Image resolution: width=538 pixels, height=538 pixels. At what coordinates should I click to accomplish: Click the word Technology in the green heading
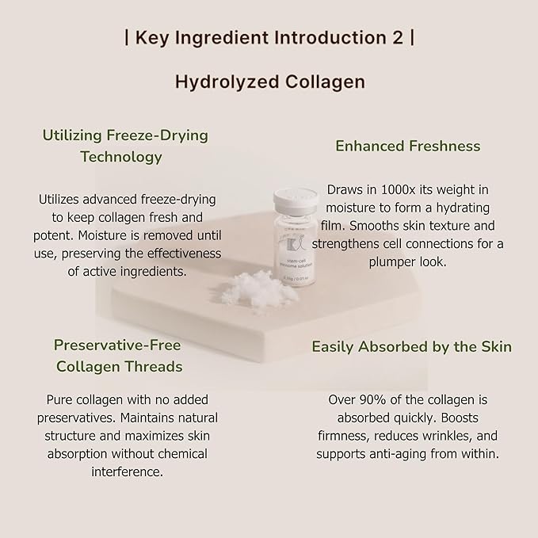coord(120,156)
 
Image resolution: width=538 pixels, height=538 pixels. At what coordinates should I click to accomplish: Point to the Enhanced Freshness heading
coord(407,146)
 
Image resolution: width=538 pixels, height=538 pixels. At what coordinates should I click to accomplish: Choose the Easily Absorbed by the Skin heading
coord(411,346)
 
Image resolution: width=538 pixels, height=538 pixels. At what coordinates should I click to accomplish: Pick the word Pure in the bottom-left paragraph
coord(61,399)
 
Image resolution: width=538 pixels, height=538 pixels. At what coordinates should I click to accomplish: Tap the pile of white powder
coord(254,281)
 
